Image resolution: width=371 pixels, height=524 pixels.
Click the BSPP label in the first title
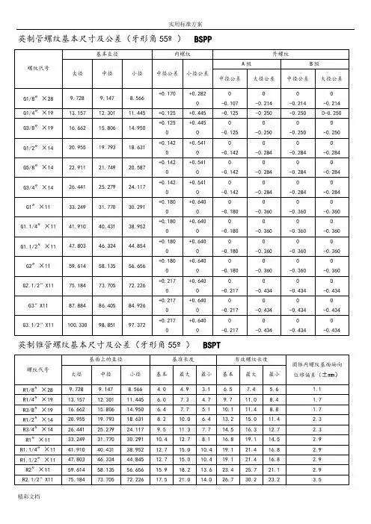[204, 37]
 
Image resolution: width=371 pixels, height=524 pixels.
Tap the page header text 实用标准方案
[185, 6]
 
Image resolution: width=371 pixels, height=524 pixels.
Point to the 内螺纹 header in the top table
[183, 54]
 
